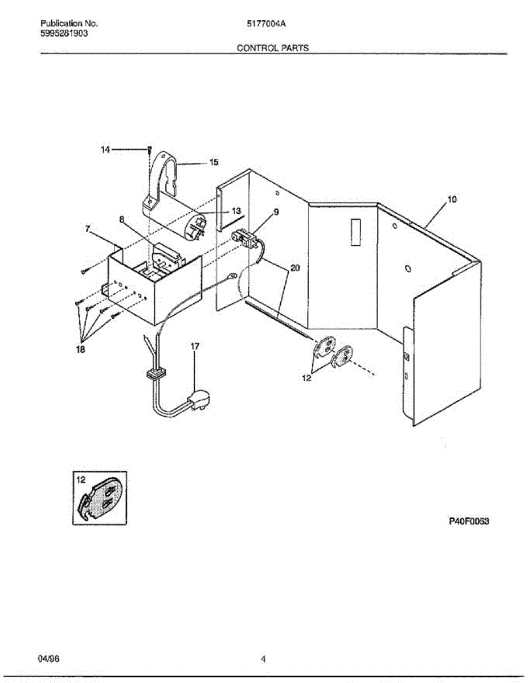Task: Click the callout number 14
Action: point(105,150)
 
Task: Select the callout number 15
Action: point(214,162)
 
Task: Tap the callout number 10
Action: point(451,200)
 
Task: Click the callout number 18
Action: point(80,350)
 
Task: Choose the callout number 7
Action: point(88,229)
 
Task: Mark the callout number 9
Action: point(276,212)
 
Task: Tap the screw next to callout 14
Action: point(149,150)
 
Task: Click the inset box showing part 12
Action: point(100,497)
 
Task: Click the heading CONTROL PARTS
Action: point(272,48)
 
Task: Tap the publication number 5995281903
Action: point(64,33)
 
